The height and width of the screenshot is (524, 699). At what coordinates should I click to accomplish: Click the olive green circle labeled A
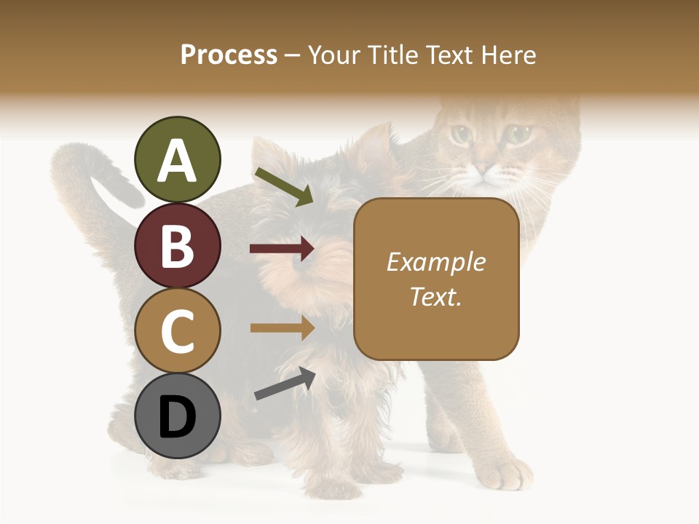click(177, 160)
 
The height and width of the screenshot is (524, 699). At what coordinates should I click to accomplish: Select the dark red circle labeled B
click(177, 246)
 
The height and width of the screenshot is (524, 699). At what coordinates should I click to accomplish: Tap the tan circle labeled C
click(177, 331)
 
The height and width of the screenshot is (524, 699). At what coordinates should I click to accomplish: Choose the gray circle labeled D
click(177, 416)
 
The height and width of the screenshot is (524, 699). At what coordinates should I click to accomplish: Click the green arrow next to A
click(284, 186)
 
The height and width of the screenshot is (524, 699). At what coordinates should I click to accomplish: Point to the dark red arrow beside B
click(282, 249)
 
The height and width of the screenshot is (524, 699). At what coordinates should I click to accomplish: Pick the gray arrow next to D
click(285, 384)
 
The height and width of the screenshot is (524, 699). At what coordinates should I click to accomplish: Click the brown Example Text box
click(436, 279)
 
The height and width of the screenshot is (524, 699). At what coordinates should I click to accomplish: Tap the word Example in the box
click(436, 262)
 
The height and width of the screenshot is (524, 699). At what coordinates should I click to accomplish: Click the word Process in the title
click(229, 55)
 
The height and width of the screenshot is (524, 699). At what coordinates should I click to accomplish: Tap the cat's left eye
click(460, 134)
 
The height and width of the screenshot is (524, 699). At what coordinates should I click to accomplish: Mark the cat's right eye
click(518, 134)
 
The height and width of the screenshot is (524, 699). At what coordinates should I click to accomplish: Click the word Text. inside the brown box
click(436, 297)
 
